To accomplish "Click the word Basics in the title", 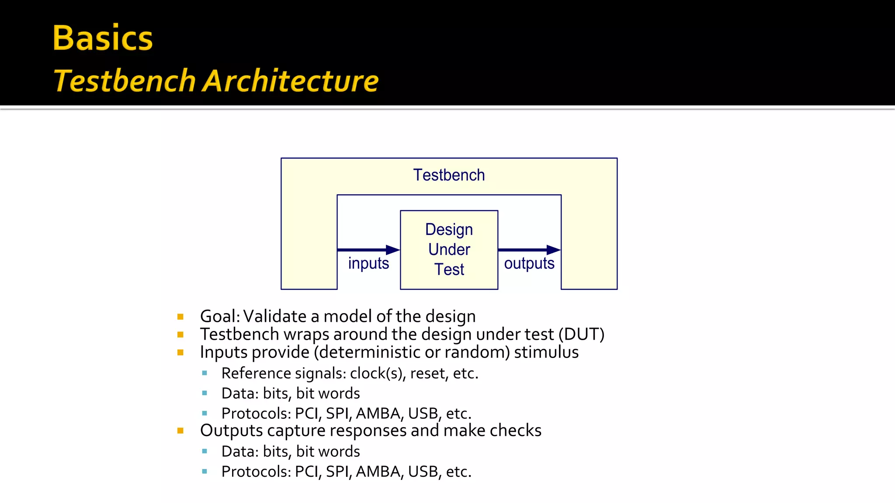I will click(x=103, y=38).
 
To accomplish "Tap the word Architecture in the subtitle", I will click(x=291, y=81).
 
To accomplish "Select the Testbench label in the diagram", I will click(x=449, y=175).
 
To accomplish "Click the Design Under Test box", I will click(x=449, y=249).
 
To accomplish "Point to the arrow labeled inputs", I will click(x=368, y=250).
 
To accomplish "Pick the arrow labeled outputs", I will click(x=529, y=250).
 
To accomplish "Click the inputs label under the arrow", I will click(x=368, y=263).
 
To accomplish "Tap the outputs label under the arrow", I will click(x=529, y=263).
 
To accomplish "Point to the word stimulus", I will click(x=546, y=352).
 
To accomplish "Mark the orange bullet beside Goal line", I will click(x=180, y=317).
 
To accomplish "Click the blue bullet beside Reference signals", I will click(x=205, y=373).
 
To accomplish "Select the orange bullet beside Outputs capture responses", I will click(x=180, y=431).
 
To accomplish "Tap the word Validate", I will click(x=274, y=317).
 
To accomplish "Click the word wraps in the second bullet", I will click(x=306, y=335).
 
